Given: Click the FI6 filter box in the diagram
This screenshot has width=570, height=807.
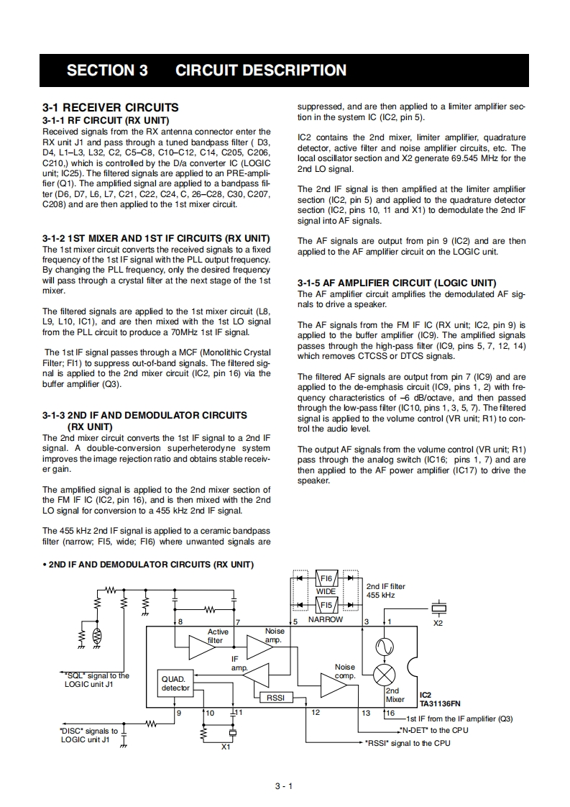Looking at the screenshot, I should click(x=326, y=578).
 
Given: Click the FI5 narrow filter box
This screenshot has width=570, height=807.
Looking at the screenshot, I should click(x=326, y=605).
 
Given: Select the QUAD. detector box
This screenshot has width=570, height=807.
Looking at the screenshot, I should click(x=175, y=683).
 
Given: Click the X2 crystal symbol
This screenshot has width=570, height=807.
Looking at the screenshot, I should click(x=438, y=608).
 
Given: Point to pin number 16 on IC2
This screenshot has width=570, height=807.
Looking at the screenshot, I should click(x=390, y=713).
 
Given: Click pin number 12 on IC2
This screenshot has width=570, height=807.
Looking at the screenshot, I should click(x=316, y=712).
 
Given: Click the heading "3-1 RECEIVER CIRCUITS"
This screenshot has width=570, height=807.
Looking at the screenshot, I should click(x=111, y=107).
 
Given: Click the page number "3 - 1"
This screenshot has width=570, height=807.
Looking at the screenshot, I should click(x=285, y=786).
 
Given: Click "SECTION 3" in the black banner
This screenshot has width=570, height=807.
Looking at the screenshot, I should click(x=107, y=70).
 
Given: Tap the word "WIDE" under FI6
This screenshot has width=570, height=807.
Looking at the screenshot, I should click(x=326, y=591).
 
